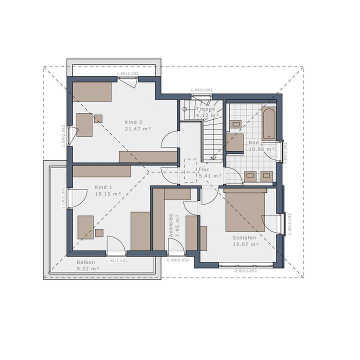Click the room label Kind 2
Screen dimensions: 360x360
(133, 122)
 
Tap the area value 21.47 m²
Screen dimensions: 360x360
(137, 128)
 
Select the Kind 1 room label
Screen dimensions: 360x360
(103, 187)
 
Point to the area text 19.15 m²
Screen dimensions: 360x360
(107, 193)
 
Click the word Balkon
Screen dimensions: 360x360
(85, 262)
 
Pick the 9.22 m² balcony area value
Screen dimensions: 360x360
(88, 268)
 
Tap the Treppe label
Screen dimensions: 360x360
(205, 108)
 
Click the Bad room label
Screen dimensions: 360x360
(253, 142)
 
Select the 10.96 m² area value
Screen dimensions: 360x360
(261, 149)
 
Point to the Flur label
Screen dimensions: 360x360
(204, 169)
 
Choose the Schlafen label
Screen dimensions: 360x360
(244, 237)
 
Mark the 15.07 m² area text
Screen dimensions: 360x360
(245, 244)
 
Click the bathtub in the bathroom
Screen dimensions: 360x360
(268, 123)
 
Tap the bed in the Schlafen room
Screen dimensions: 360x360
(245, 210)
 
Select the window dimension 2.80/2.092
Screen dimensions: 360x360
(245, 270)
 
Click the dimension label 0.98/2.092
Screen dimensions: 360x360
(177, 260)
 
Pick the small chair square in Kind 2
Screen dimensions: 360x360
(98, 118)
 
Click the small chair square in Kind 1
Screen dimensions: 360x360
(99, 232)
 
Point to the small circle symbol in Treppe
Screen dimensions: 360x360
(184, 108)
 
